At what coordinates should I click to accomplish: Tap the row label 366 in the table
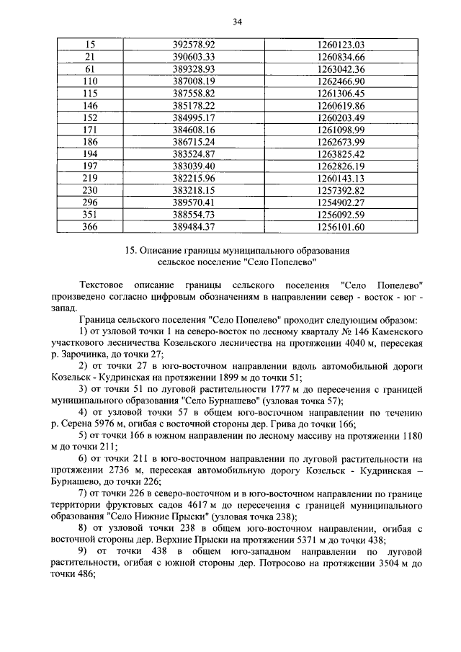[x=91, y=227]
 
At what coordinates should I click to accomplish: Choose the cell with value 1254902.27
[x=341, y=202]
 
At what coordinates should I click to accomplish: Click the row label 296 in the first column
[x=91, y=202]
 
